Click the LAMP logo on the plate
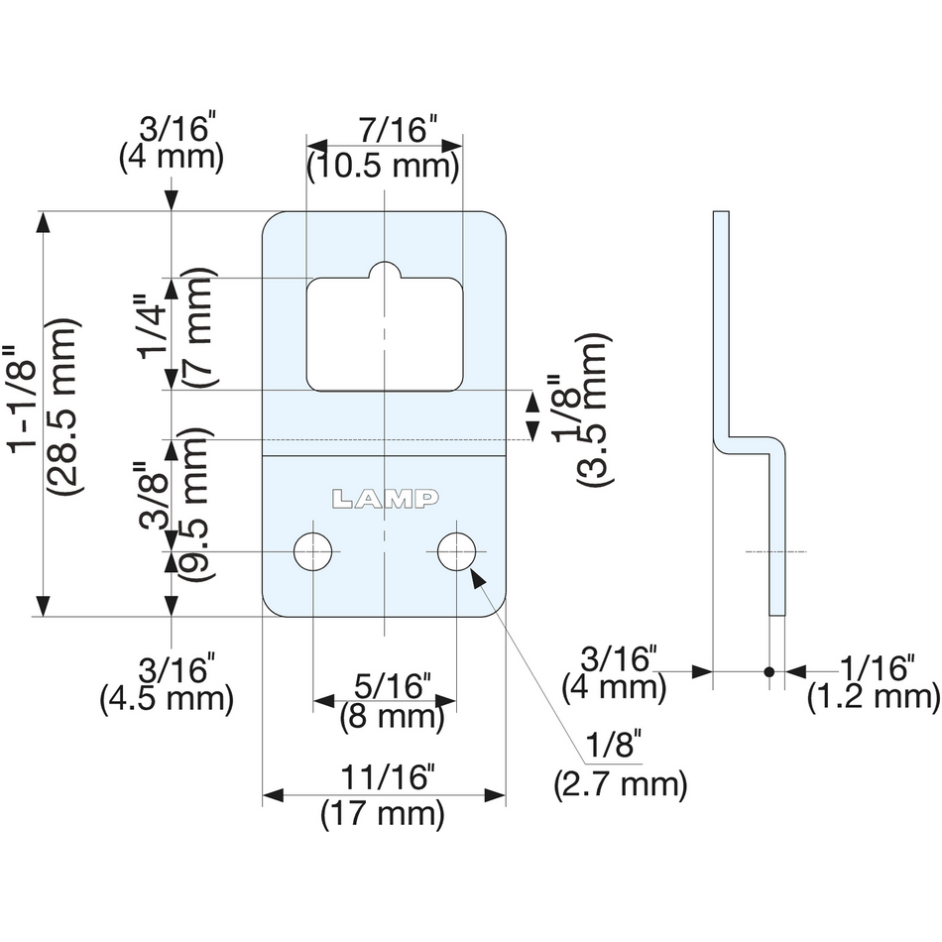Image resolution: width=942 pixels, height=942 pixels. (x=385, y=498)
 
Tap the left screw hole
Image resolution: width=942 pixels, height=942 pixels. (x=313, y=551)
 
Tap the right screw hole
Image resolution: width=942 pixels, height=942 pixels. (x=456, y=551)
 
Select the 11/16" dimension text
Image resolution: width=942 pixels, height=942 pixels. (x=385, y=777)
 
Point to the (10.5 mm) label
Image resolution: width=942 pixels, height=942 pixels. (x=384, y=166)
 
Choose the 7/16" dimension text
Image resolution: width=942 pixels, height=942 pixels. (x=398, y=130)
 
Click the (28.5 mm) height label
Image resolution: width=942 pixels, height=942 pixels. (x=63, y=407)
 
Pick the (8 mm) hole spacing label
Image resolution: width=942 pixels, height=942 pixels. (x=392, y=717)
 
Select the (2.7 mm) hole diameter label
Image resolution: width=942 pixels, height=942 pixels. (x=621, y=784)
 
